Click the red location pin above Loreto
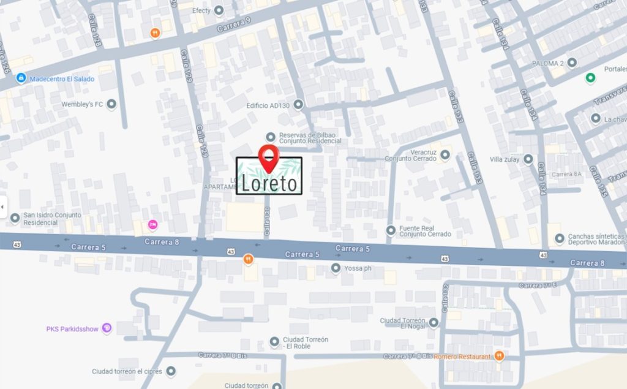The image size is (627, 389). [268, 156]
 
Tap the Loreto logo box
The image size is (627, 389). [269, 178]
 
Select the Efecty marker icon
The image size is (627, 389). [219, 10]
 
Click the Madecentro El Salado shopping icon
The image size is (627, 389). [21, 78]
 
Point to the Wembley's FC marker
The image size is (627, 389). [111, 105]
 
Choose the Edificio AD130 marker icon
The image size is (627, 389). [298, 105]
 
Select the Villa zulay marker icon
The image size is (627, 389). [528, 159]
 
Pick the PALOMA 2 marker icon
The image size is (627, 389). [572, 62]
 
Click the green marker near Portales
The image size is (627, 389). [590, 77]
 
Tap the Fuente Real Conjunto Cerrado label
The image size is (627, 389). [425, 231]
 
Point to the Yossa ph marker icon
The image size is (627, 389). [336, 268]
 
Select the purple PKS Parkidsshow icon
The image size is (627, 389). [107, 328]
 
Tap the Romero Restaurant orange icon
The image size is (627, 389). [500, 356]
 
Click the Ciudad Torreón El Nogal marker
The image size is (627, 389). [434, 322]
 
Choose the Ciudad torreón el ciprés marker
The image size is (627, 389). [171, 371]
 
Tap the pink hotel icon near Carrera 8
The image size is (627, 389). [152, 225]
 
